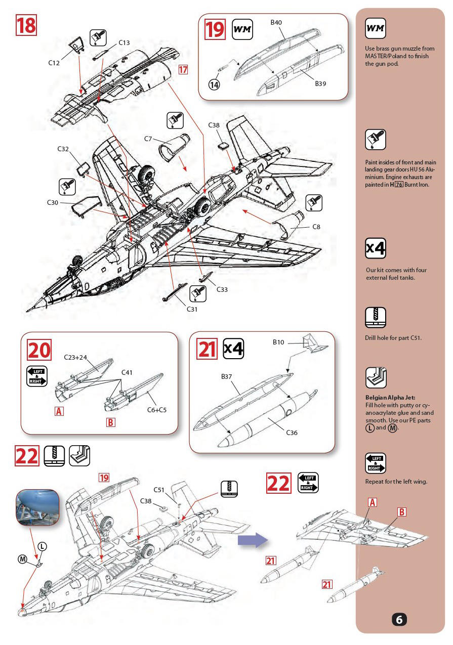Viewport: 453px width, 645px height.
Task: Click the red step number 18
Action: (26, 25)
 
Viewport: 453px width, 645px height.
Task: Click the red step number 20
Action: (39, 350)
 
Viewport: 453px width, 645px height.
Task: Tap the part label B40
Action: (276, 22)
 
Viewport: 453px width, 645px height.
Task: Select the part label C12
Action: (54, 63)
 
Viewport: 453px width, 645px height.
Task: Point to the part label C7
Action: (148, 139)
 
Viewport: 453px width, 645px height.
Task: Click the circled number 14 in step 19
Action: (214, 84)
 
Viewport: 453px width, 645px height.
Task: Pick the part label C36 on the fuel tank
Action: (292, 433)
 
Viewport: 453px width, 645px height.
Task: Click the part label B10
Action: (278, 342)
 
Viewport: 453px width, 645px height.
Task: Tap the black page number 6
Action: (399, 619)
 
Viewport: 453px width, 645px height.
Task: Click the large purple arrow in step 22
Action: (253, 540)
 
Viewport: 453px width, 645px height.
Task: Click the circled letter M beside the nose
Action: (23, 559)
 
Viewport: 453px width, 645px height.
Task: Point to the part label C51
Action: (159, 490)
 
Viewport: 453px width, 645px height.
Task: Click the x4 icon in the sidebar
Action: (376, 248)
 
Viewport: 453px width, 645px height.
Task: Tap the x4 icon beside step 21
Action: (234, 349)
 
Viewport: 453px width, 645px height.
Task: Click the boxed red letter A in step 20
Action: (59, 411)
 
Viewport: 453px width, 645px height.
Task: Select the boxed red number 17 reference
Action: (183, 69)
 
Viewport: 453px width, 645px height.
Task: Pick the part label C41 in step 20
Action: (127, 372)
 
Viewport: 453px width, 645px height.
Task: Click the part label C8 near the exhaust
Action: (316, 227)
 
